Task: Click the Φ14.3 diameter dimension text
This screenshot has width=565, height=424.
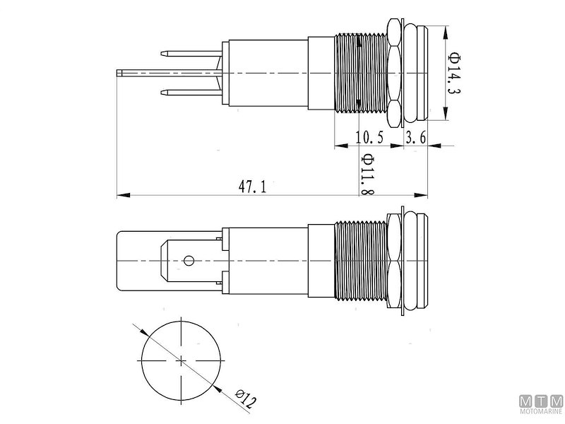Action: coord(455,74)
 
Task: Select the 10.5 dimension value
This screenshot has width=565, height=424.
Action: coord(369,138)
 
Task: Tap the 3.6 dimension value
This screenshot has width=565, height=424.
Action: coord(415,138)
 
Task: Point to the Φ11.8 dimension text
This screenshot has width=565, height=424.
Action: coord(367,175)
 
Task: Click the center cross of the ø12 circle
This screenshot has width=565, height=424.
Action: coord(182,361)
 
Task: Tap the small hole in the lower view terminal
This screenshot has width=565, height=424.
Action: coord(189,261)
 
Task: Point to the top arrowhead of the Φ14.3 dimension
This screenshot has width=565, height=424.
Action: coord(445,30)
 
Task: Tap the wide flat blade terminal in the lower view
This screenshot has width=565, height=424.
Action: coord(138,261)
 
